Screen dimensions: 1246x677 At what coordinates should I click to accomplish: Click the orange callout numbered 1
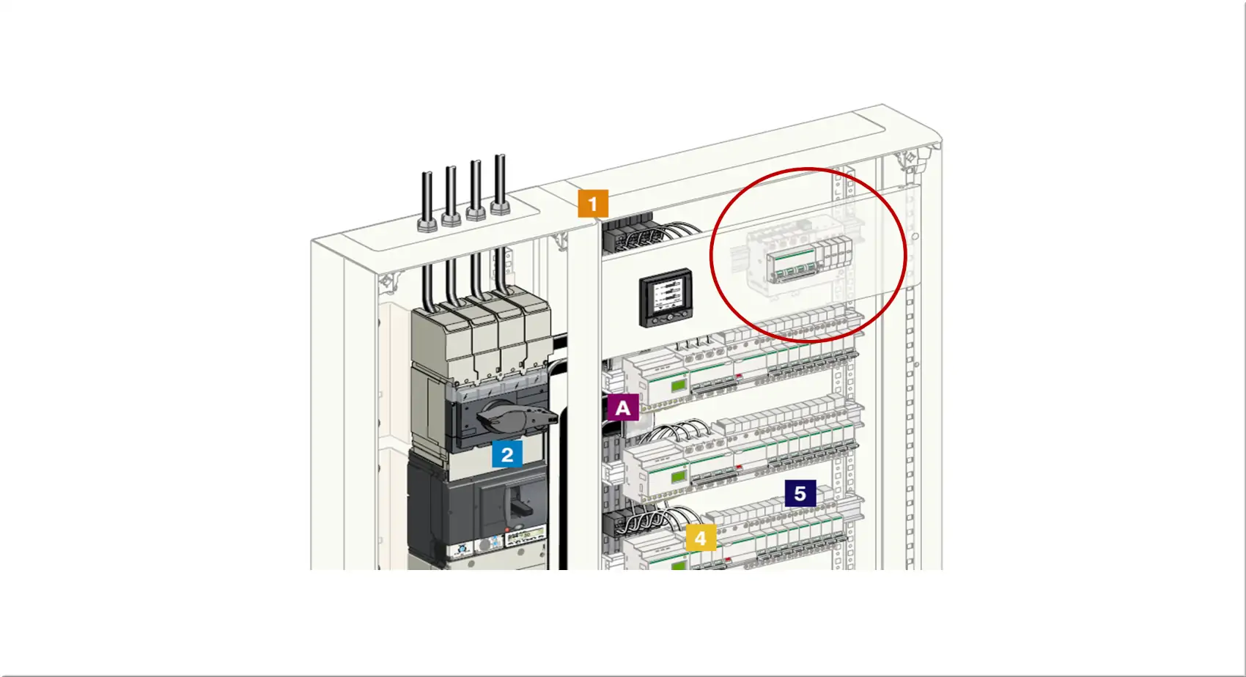(593, 204)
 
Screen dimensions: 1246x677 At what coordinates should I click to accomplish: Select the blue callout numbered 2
(506, 454)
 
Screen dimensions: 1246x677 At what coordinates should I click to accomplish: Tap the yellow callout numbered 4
(701, 538)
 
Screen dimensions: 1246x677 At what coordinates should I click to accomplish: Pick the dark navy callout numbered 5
(800, 493)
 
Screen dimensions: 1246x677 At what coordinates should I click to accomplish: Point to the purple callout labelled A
(623, 407)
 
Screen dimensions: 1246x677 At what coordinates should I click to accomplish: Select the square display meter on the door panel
(666, 298)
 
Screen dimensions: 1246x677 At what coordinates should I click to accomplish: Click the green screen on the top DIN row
(678, 385)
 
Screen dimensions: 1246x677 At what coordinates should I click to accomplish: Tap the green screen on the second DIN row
(678, 476)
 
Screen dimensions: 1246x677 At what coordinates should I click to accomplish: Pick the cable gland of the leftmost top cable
(427, 224)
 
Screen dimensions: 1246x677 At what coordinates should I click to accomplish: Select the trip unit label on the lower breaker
(525, 537)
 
